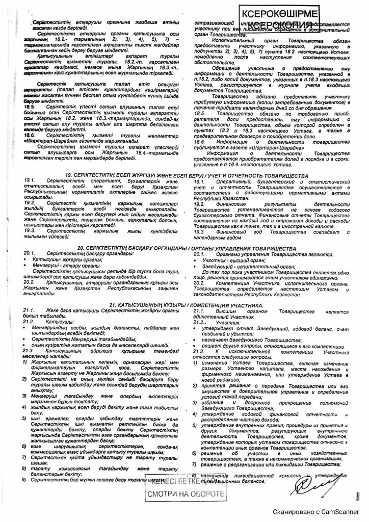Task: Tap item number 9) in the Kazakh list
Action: click(24, 479)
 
